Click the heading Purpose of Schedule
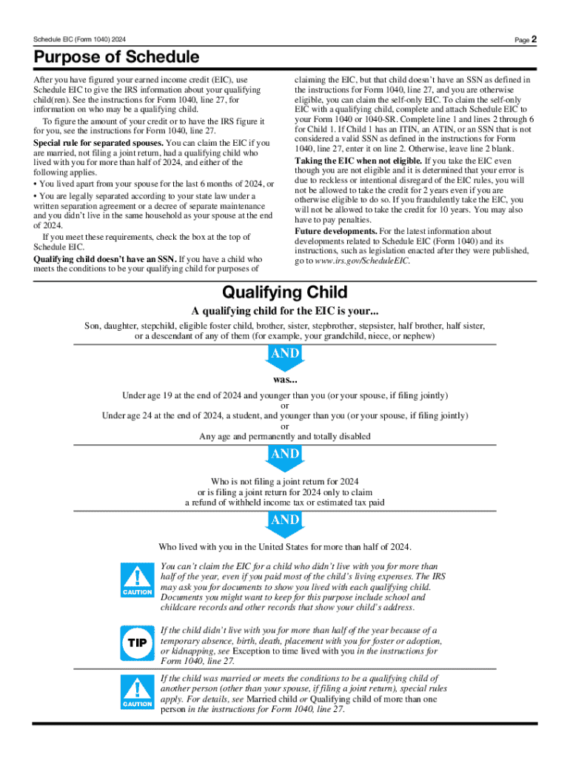[x=115, y=57]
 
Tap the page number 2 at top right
[x=533, y=39]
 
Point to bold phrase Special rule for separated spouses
[x=99, y=142]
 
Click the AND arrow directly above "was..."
[x=284, y=358]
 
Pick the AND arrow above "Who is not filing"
[x=284, y=457]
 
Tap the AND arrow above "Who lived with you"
[x=284, y=523]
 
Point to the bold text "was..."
[x=285, y=380]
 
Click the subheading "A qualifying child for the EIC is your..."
[x=285, y=311]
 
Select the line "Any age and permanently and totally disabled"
[x=285, y=436]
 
